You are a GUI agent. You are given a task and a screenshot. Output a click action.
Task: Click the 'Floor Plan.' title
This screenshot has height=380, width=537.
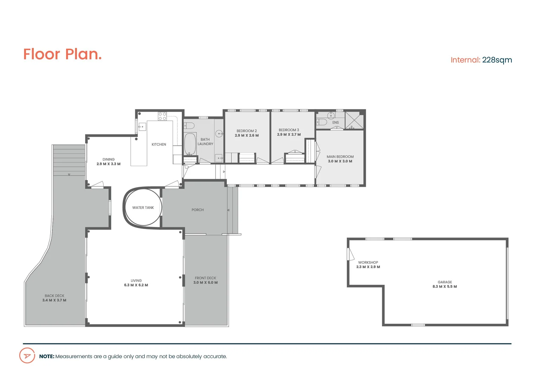pos(62,54)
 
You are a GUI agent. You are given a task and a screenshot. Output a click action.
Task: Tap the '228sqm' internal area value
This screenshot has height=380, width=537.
pos(497,60)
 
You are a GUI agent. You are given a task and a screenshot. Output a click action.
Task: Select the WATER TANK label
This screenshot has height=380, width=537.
pos(143,208)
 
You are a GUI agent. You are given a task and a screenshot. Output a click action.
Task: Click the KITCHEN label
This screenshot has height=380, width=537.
pos(159,144)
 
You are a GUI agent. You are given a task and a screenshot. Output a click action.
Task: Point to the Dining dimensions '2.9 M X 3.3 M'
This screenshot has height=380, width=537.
pos(108,164)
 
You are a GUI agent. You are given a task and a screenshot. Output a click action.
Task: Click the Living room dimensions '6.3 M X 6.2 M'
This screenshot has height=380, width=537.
pos(136,285)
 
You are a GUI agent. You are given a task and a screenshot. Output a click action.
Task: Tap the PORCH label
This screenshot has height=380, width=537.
pos(197,210)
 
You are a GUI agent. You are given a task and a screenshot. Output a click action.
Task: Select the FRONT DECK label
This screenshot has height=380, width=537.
pos(205,278)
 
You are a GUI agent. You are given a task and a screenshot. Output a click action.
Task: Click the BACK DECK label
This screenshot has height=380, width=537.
pos(55,296)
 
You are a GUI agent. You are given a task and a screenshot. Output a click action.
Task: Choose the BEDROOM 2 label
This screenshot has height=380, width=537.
pos(247,131)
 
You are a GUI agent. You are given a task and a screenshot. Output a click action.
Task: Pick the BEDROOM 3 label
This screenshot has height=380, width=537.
pos(289,130)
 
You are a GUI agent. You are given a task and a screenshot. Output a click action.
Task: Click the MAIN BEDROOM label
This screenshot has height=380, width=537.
pos(340,157)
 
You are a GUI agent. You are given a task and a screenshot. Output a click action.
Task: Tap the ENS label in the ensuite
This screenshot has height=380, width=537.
pos(335,122)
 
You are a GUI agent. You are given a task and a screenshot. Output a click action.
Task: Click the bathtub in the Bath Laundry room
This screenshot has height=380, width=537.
pos(190,144)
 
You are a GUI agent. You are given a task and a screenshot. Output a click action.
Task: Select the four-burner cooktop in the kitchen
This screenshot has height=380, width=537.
pos(162,116)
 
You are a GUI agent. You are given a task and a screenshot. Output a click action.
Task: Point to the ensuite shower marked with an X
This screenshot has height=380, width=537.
pos(354,120)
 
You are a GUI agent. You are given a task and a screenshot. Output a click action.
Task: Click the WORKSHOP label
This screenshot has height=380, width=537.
pos(368,262)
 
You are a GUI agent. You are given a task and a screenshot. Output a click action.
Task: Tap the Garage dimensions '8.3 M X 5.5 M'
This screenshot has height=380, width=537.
pos(445,286)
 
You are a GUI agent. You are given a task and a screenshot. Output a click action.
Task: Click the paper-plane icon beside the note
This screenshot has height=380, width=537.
pos(27,356)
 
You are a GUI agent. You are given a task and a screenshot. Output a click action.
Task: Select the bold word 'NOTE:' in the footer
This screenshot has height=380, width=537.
pos(46,356)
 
